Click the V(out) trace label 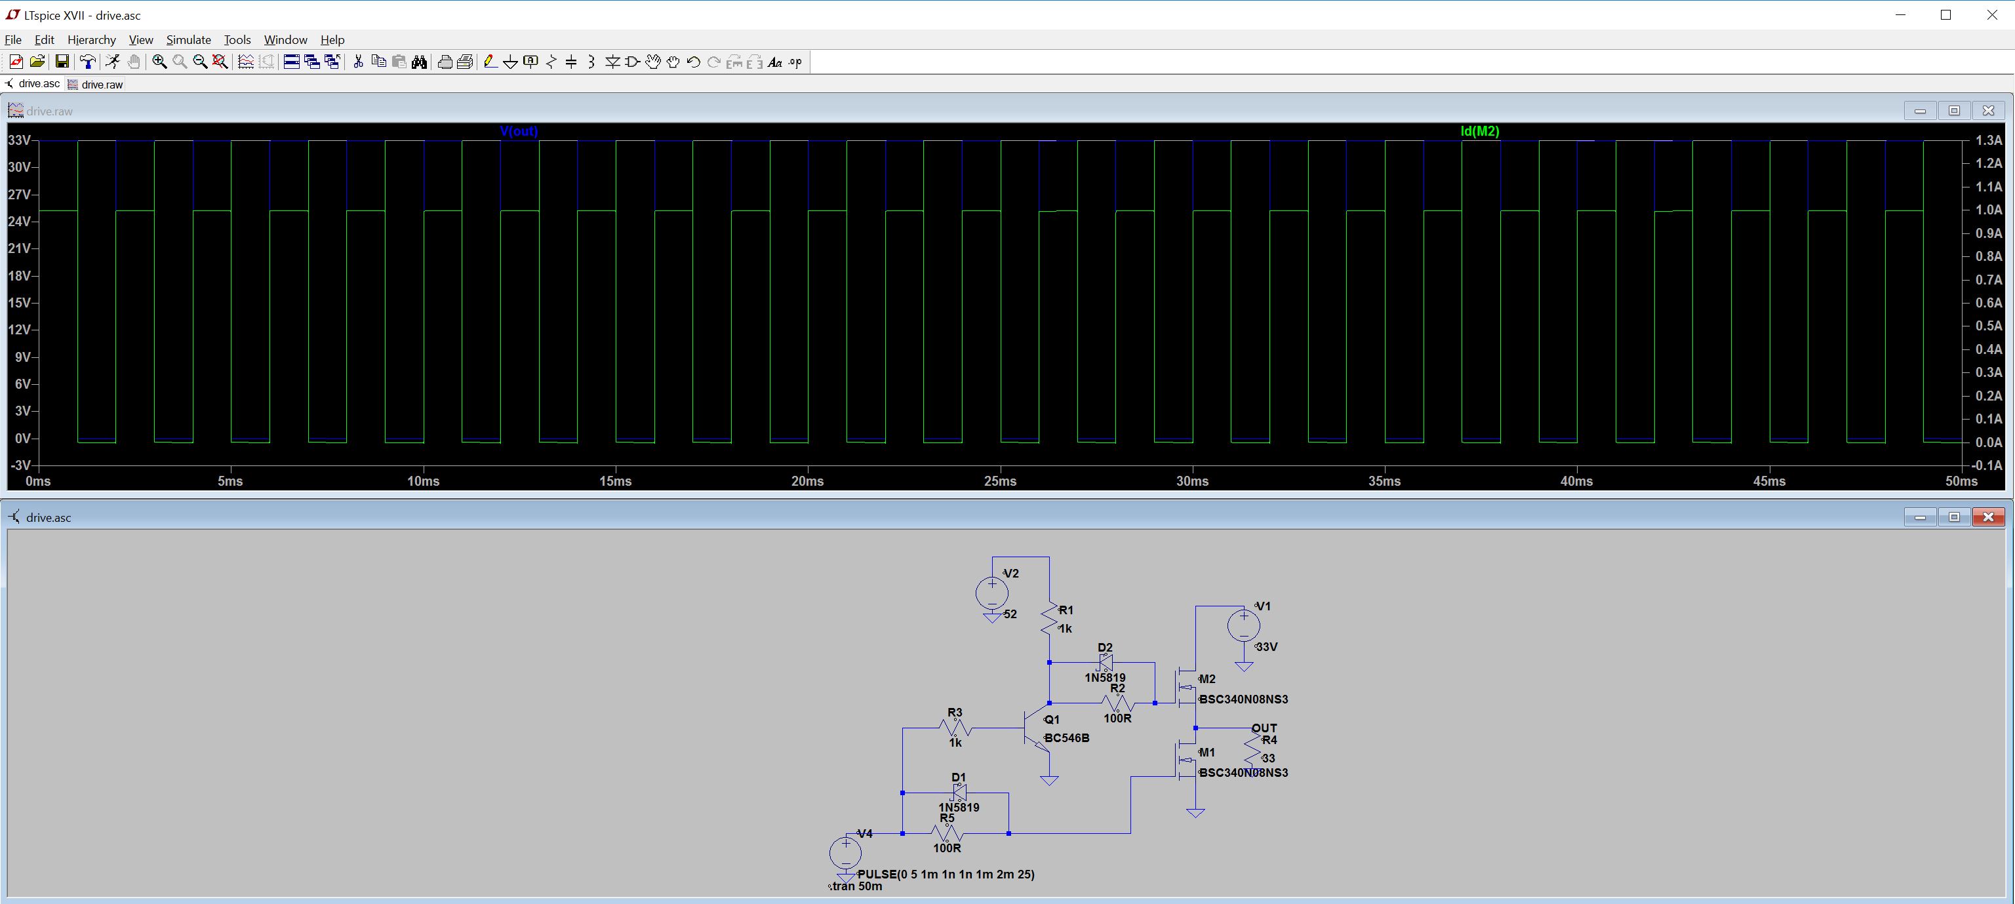[x=519, y=131]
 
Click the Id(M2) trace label [x=1480, y=131]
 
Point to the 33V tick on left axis [x=19, y=141]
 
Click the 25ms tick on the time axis [x=1000, y=481]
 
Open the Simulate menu [x=188, y=40]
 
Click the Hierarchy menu [x=92, y=40]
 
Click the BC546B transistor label [x=1066, y=738]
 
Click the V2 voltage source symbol [x=992, y=593]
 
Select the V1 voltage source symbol [x=1244, y=625]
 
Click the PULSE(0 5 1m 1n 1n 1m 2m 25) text [x=946, y=875]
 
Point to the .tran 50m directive [x=856, y=887]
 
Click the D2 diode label [x=1104, y=648]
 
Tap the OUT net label [x=1264, y=728]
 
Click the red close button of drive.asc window [x=1987, y=517]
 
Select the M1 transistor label [x=1207, y=753]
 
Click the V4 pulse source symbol [x=846, y=852]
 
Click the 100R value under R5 [x=946, y=848]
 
